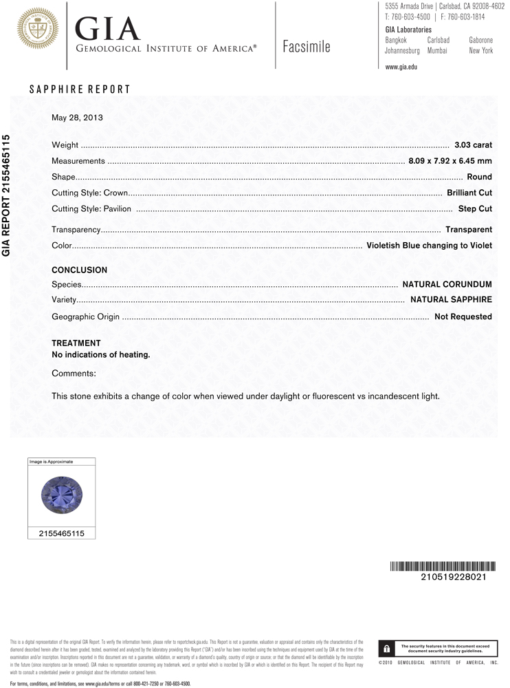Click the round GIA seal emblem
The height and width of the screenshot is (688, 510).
[37, 28]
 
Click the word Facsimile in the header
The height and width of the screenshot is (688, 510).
[306, 47]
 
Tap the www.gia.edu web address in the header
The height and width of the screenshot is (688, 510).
[401, 67]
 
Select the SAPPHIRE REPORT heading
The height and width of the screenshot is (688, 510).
[80, 90]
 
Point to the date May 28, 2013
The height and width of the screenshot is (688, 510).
[77, 118]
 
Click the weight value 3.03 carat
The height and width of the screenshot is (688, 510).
[473, 145]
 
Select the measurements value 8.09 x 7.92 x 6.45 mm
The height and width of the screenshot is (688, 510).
[450, 161]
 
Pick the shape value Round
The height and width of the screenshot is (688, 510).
[479, 177]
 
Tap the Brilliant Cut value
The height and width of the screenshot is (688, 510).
[469, 193]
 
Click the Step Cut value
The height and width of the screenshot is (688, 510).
[475, 208]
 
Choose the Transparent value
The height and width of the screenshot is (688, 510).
[468, 229]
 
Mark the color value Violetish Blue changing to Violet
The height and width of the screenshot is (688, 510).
[429, 245]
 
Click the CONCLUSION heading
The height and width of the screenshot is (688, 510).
[80, 270]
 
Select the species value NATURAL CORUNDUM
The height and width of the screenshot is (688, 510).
[447, 283]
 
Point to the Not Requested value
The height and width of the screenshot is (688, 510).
[463, 316]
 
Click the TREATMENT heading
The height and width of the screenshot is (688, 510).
[76, 343]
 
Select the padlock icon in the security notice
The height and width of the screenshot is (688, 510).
[388, 648]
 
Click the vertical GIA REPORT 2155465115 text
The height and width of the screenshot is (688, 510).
[7, 195]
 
